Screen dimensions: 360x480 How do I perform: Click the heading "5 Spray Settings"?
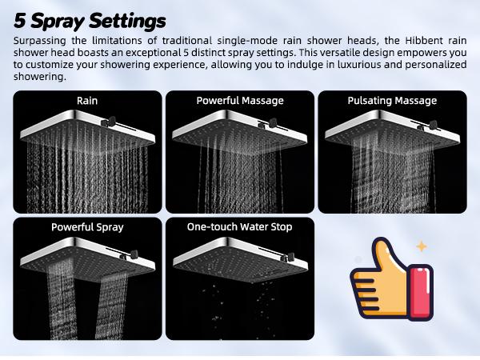click(x=90, y=20)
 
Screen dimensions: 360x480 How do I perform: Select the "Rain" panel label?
click(x=87, y=101)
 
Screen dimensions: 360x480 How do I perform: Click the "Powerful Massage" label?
click(x=240, y=101)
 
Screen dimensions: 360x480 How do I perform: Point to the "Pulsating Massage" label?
click(x=392, y=101)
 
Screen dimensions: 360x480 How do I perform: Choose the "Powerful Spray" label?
click(x=87, y=227)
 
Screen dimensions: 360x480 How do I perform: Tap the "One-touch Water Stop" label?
click(x=240, y=227)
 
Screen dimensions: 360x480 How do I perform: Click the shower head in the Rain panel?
click(x=80, y=128)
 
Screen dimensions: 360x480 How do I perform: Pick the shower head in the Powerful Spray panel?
click(x=80, y=254)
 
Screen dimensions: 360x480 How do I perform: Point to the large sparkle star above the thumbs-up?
click(x=422, y=246)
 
